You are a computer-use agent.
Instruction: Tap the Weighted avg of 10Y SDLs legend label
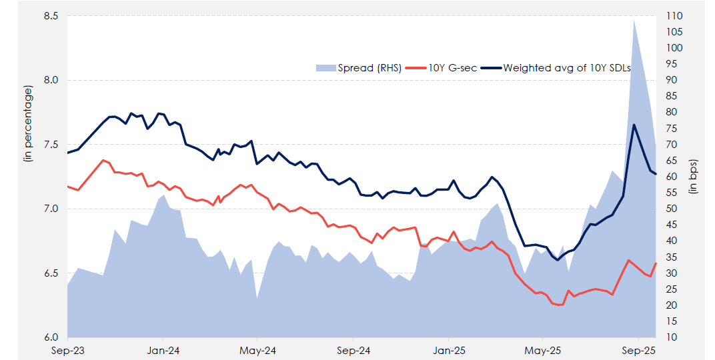[x=566, y=67]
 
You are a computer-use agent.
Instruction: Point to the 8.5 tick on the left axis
[x=51, y=16]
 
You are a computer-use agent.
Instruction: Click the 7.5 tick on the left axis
[x=51, y=145]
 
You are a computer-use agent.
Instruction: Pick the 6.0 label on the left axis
[x=51, y=337]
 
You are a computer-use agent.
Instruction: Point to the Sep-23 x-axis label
[x=67, y=350]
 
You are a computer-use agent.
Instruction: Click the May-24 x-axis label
[x=257, y=350]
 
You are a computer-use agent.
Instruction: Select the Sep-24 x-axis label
[x=353, y=350]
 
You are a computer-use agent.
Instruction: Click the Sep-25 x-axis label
[x=639, y=350]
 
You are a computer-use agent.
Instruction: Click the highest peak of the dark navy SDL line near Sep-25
[x=634, y=125]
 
